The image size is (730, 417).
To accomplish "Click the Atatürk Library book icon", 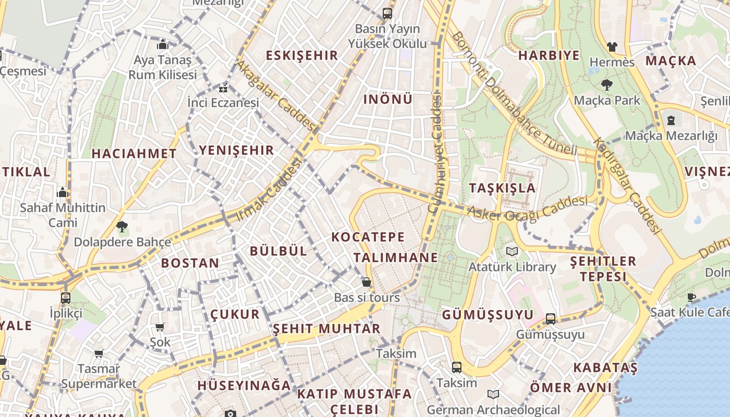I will point(512,252).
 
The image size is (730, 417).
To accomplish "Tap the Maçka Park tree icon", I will point(606,84).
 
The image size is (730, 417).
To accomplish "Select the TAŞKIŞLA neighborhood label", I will point(502,188).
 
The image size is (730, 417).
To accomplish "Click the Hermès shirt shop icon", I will point(612,47).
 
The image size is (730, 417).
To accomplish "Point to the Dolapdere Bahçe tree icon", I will point(122,227).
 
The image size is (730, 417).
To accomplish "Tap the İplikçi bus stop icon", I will point(66,298).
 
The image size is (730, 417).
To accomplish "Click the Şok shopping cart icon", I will point(160,327).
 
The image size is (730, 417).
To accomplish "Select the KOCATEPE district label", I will point(368,237).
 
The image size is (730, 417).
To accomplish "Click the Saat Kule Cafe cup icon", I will point(691,298).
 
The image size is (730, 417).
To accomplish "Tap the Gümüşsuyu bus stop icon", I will point(551,319).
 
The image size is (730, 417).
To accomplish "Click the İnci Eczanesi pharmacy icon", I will point(224,89).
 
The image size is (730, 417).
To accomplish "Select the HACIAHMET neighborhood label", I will point(134,154).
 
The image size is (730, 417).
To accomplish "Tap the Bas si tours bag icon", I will point(367,283).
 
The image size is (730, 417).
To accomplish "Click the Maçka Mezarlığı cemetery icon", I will point(671,120).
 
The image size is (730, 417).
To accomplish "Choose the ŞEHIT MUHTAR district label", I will point(327,329).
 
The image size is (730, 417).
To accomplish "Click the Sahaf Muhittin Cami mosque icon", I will point(63,193).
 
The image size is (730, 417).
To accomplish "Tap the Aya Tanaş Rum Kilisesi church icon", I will point(162,45).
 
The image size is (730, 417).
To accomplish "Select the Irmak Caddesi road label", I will point(270,190).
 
